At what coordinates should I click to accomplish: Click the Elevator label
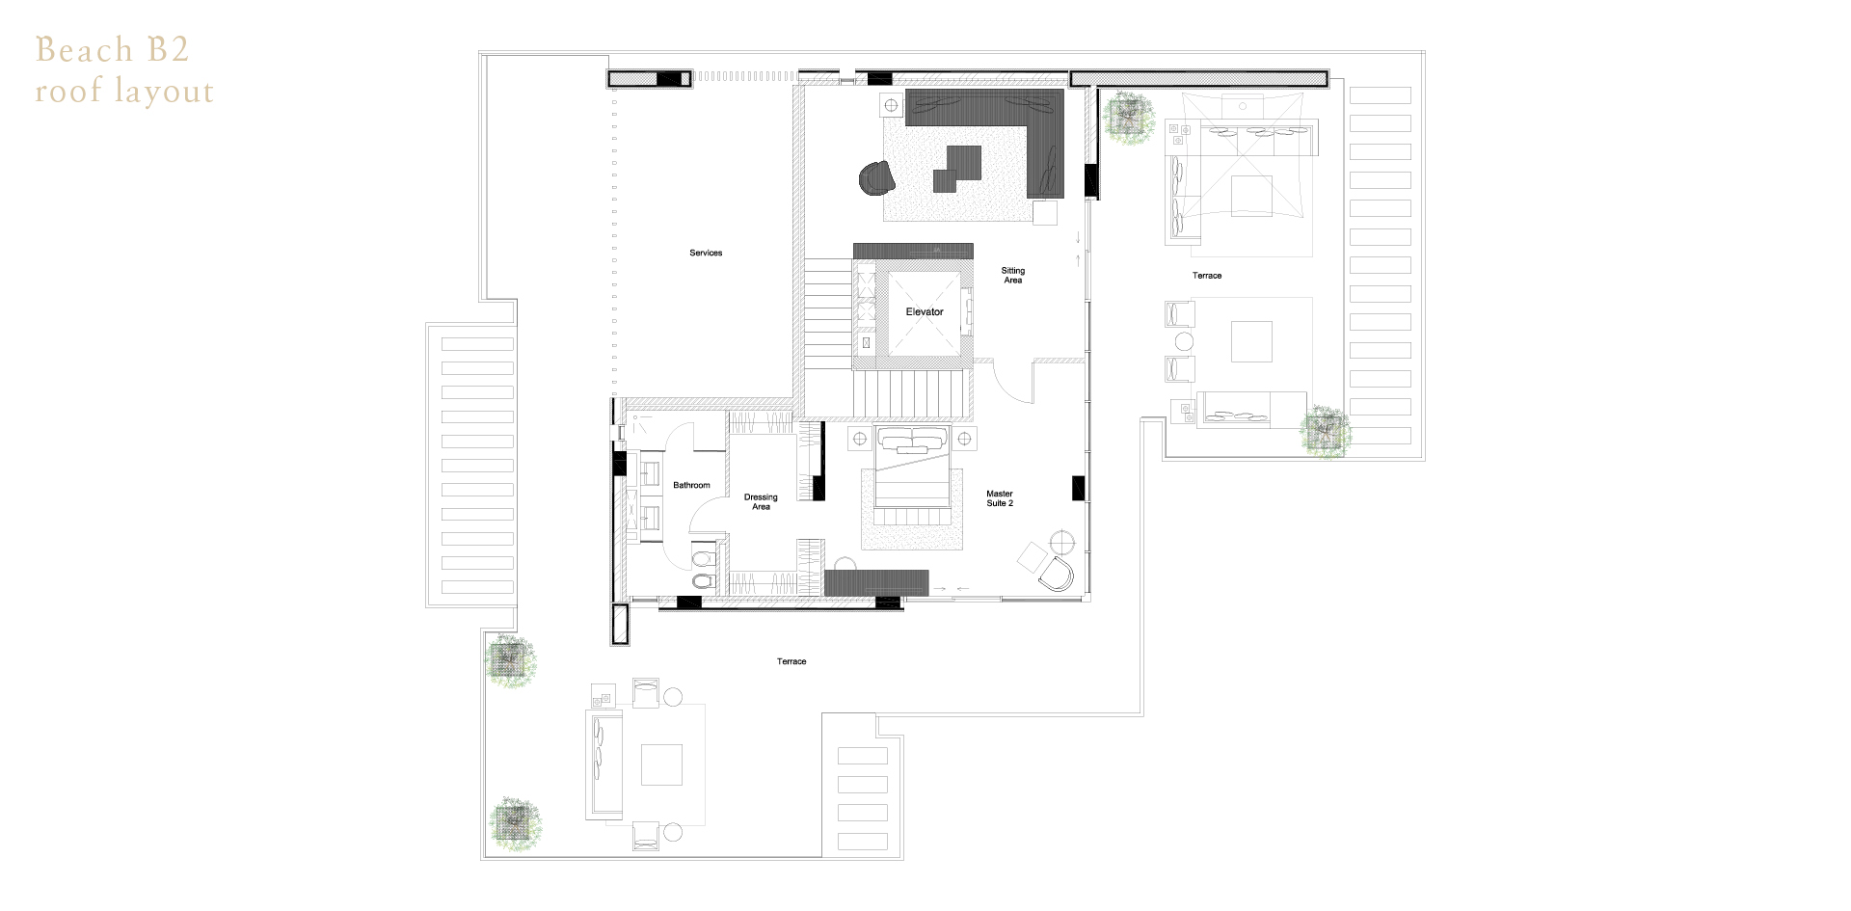(x=924, y=311)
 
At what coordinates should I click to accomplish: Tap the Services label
(x=706, y=253)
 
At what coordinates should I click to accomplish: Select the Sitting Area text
(x=1012, y=275)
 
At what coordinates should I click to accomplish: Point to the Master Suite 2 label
(x=1000, y=498)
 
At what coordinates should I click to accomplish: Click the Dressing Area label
(x=761, y=502)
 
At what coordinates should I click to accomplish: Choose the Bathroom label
(x=691, y=485)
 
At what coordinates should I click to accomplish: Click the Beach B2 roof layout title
(x=124, y=70)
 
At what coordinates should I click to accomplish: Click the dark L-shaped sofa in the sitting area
(x=1003, y=130)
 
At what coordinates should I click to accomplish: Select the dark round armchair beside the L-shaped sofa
(x=876, y=178)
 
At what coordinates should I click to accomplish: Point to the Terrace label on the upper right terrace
(x=1206, y=276)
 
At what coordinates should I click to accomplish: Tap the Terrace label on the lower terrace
(x=791, y=661)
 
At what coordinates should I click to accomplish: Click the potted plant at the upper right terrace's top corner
(x=1129, y=118)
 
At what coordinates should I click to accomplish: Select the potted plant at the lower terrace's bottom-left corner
(x=514, y=824)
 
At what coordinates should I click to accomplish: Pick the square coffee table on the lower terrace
(x=661, y=765)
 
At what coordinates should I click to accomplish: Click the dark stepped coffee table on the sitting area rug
(x=956, y=169)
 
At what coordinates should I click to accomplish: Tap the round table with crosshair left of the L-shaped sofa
(x=891, y=104)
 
